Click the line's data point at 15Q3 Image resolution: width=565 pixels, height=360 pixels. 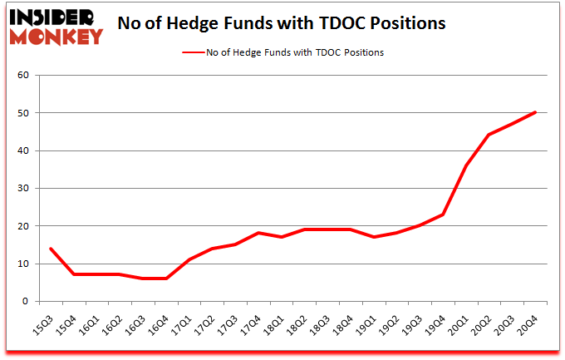[x=51, y=249]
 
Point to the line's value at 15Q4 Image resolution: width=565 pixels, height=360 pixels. [x=74, y=274]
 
